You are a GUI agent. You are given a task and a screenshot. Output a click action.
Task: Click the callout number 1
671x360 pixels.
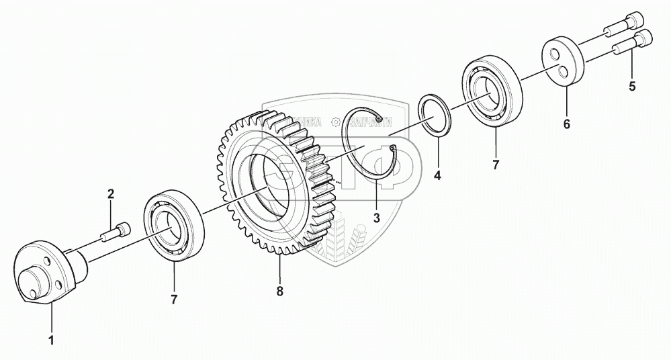(51, 340)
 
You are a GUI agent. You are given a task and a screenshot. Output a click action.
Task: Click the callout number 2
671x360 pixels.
(111, 195)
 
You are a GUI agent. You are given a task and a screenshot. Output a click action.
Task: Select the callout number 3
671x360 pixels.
(376, 218)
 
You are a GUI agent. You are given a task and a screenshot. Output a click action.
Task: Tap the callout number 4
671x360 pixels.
(437, 177)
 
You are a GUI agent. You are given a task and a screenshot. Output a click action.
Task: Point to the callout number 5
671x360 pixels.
(631, 86)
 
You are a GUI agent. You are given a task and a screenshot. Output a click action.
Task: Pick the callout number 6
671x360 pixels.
(566, 124)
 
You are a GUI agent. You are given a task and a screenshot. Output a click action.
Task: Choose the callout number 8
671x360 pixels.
(279, 291)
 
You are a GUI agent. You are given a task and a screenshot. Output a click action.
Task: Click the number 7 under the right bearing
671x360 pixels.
(496, 165)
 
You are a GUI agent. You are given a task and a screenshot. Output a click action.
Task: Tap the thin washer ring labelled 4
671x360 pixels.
(436, 117)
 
